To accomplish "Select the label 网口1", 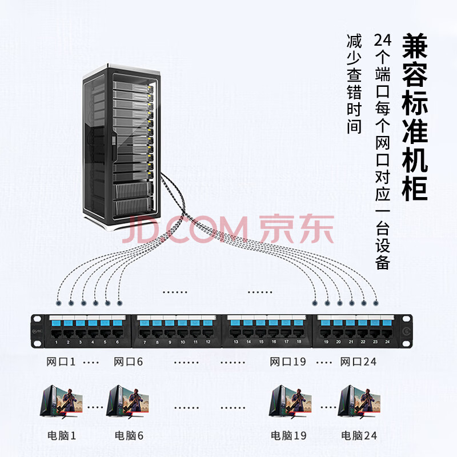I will coord(61,362).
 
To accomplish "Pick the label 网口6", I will coord(128,362).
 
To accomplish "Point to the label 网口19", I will coord(288,362).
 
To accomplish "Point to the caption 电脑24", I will coord(359,435).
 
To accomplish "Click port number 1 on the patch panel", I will coord(56,332).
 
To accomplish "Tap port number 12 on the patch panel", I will coord(208,332).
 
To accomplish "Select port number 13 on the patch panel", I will coord(236,332).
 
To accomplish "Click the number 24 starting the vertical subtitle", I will coord(382,42).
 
